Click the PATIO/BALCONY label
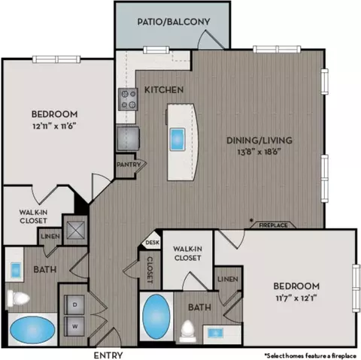pyautogui.click(x=174, y=22)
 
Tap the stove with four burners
pyautogui.click(x=128, y=99)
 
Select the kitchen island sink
pyautogui.click(x=177, y=139)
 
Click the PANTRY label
pyautogui.click(x=129, y=165)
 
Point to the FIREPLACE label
pyautogui.click(x=273, y=225)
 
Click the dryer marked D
pyautogui.click(x=74, y=304)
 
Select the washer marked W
pyautogui.click(x=74, y=326)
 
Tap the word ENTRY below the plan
pyautogui.click(x=108, y=355)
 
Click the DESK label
pyautogui.click(x=153, y=243)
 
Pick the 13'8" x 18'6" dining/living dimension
pyautogui.click(x=259, y=152)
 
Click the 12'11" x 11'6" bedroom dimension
pyautogui.click(x=54, y=126)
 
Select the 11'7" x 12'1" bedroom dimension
pyautogui.click(x=296, y=298)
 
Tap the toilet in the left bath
pyautogui.click(x=18, y=298)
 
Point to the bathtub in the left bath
pyautogui.click(x=32, y=329)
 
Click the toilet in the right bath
pyautogui.click(x=187, y=331)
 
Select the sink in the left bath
pyautogui.click(x=16, y=270)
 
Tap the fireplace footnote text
pyautogui.click(x=311, y=355)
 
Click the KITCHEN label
pyautogui.click(x=164, y=89)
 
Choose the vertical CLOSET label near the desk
pyautogui.click(x=150, y=270)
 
